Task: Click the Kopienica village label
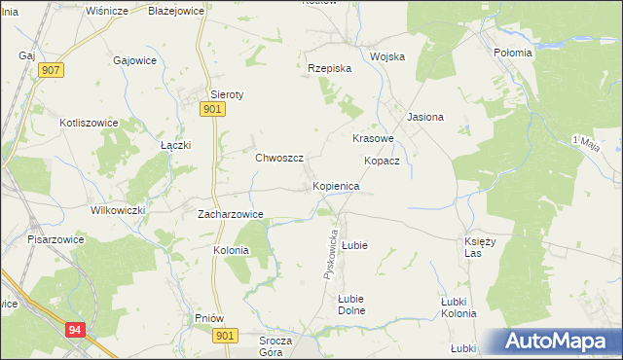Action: (336, 185)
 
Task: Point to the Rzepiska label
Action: (329, 69)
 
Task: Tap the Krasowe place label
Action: (373, 138)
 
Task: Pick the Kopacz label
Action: (383, 161)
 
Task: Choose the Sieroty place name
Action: (227, 94)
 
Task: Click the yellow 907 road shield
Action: (53, 71)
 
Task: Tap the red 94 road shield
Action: (77, 330)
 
